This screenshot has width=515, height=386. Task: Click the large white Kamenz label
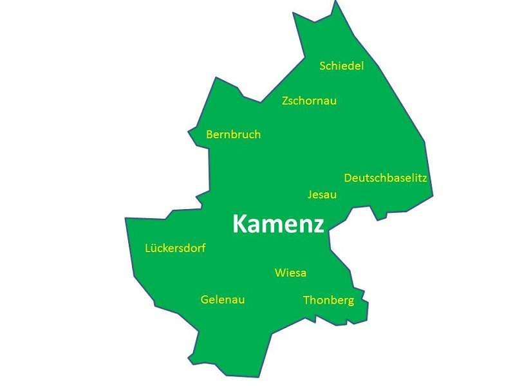(x=278, y=224)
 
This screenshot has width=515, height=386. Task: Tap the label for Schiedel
(x=342, y=66)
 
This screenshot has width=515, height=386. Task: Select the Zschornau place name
(x=309, y=101)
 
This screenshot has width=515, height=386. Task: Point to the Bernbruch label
(x=233, y=134)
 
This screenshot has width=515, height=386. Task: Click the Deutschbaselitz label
(x=386, y=178)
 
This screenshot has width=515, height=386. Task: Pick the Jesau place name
(x=322, y=194)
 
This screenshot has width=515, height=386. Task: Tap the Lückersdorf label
(x=175, y=248)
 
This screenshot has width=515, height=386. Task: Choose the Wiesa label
(x=290, y=273)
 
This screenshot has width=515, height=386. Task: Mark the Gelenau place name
(x=223, y=300)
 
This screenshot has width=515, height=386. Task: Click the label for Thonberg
(x=328, y=300)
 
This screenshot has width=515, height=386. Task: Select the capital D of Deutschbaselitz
(x=348, y=178)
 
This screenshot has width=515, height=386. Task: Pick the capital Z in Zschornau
(x=286, y=101)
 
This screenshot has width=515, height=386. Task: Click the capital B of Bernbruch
(x=210, y=134)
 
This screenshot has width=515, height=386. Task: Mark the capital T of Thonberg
(x=306, y=300)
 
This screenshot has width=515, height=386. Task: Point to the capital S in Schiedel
(x=323, y=66)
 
